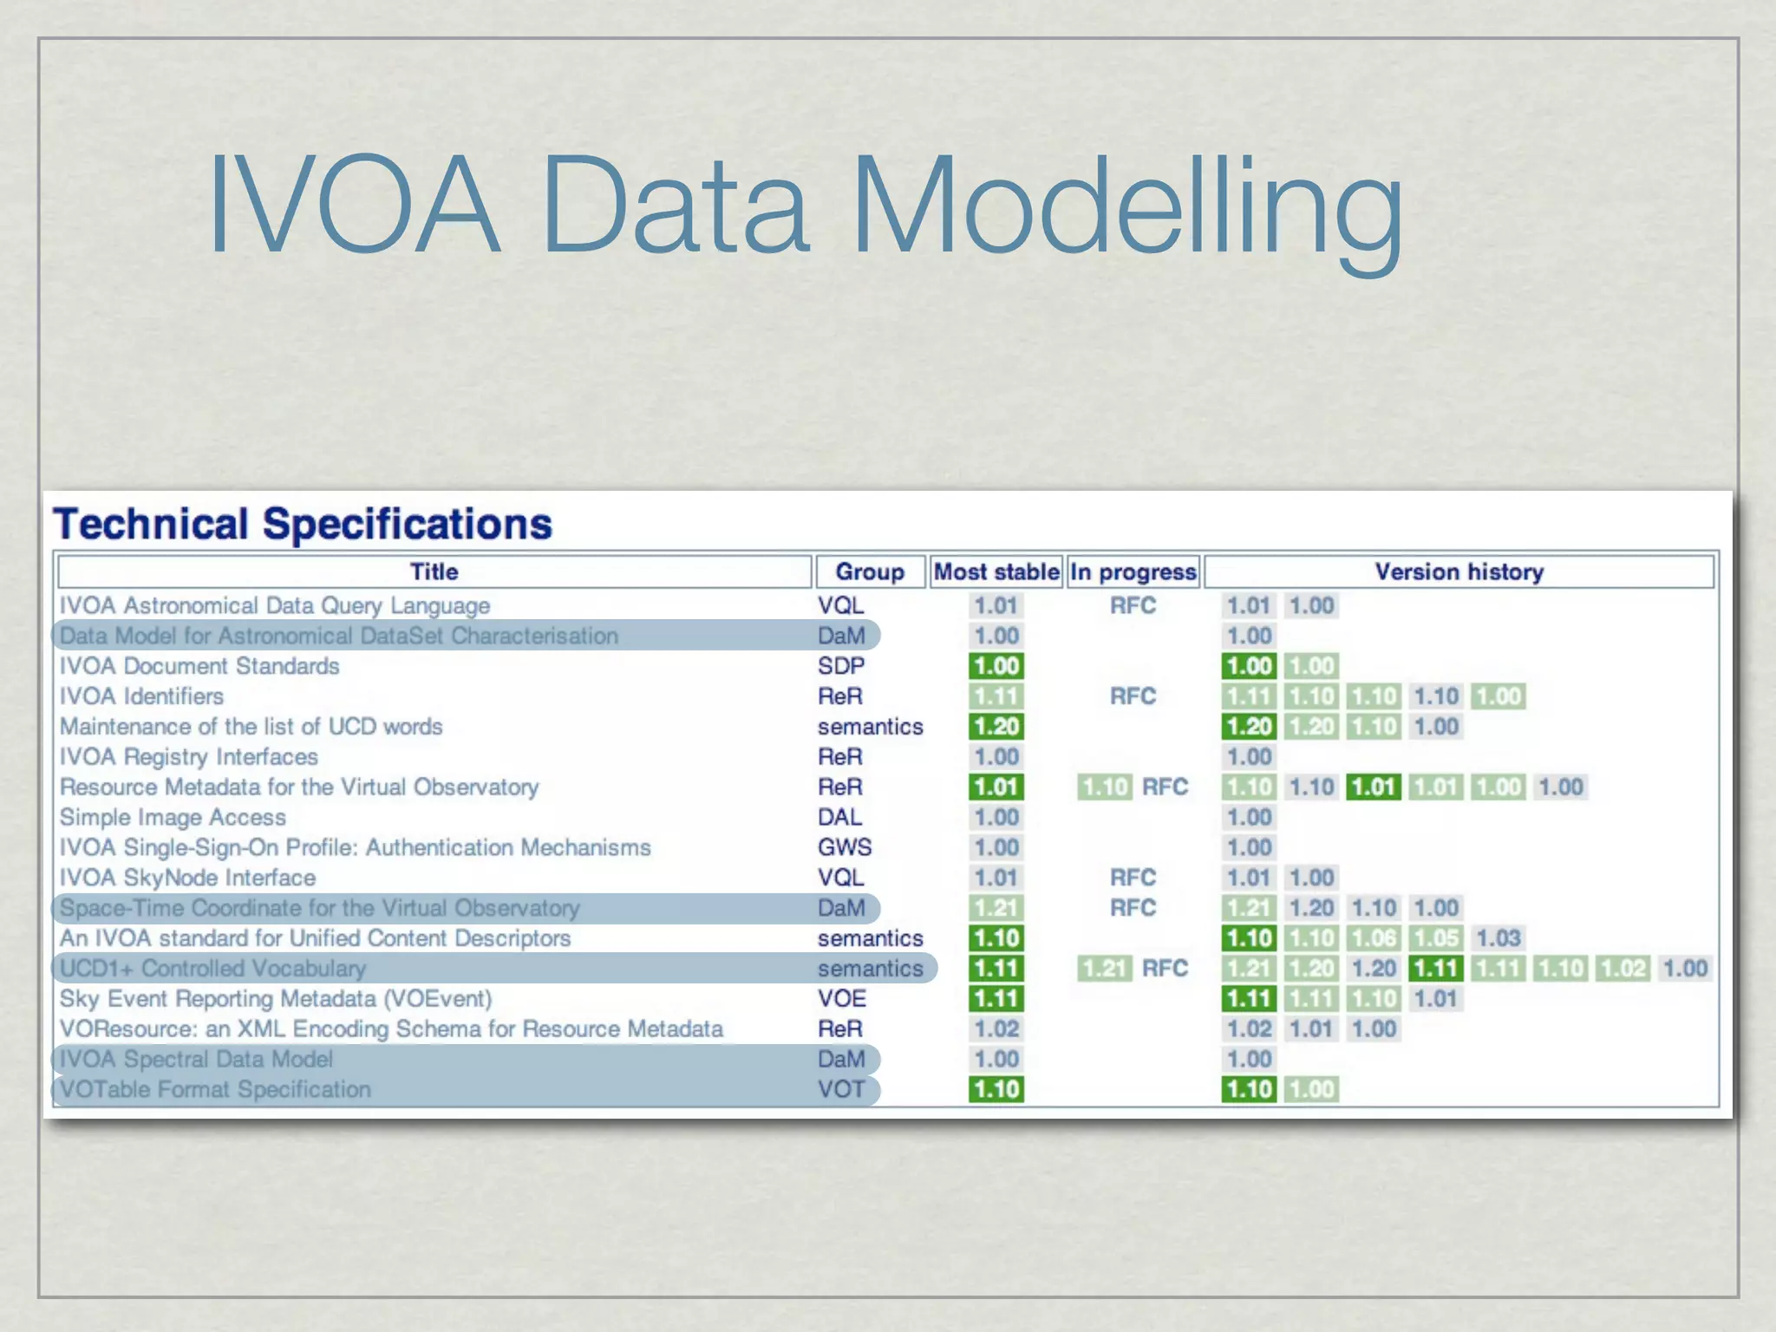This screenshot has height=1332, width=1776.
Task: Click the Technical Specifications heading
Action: (303, 524)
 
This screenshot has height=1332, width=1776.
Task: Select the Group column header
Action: (869, 572)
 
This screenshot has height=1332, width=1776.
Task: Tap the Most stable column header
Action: (996, 572)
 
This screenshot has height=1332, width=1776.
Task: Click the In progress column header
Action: (1133, 572)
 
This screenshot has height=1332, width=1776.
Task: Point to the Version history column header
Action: (1459, 572)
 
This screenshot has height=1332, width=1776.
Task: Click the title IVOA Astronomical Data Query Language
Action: (274, 605)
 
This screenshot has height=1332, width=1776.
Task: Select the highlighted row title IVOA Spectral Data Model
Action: (196, 1059)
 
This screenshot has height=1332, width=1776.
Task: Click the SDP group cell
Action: (840, 666)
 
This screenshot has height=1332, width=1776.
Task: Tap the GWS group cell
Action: (844, 847)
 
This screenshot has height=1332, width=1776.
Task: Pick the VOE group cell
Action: (841, 998)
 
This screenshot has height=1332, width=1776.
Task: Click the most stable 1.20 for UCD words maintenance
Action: (996, 727)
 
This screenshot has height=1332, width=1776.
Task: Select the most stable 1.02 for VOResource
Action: (996, 1028)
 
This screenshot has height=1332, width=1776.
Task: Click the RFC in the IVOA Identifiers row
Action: (1133, 696)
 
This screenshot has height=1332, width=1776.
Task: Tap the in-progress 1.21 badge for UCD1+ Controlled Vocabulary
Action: (1104, 968)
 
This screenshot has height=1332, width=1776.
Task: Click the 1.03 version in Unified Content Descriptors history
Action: (1498, 937)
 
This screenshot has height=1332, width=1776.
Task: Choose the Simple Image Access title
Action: (173, 817)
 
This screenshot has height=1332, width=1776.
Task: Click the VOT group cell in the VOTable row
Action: (841, 1089)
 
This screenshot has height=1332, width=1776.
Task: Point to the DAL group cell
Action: (839, 817)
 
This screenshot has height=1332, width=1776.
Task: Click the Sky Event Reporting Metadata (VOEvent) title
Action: (276, 998)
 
